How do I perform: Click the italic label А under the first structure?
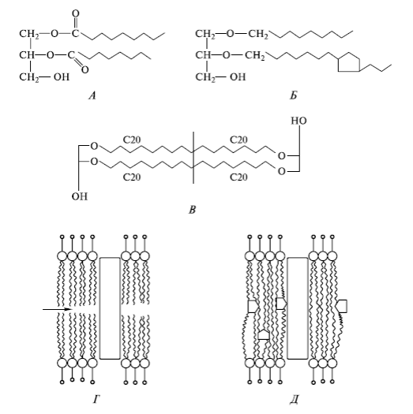pos(92,95)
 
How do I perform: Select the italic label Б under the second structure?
pos(294,95)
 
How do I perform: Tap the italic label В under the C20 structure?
pos(193,211)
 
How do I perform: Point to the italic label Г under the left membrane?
pos(96,401)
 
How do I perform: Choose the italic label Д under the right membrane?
pos(294,401)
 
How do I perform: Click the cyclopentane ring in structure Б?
pos(349,62)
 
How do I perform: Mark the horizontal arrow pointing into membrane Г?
pos(58,309)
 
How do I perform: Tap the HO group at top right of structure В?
pos(298,121)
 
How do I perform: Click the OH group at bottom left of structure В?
pos(79,196)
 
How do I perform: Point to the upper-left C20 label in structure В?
pos(132,140)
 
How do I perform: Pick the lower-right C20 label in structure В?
pos(238,177)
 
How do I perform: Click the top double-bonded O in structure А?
pos(76,13)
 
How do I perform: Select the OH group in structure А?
pos(62,76)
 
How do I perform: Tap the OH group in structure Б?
pos(238,76)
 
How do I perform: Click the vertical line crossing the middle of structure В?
pos(193,158)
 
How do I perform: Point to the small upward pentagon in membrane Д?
pos(263,334)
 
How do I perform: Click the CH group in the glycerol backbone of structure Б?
pos(203,55)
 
